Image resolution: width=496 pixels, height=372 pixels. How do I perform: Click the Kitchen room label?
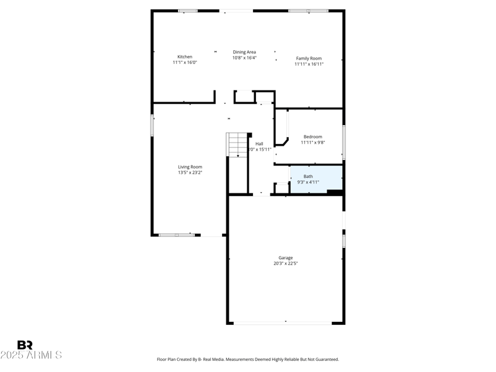click(185, 56)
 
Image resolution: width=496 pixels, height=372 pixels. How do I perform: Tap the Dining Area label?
click(244, 52)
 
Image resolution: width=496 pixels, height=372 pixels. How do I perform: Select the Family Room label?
click(309, 58)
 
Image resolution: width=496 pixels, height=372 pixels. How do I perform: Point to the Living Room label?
click(190, 167)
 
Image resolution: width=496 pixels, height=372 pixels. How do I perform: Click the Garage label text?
click(285, 258)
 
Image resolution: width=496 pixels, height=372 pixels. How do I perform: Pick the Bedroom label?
click(312, 136)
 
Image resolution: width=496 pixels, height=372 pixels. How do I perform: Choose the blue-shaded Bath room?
click(316, 179)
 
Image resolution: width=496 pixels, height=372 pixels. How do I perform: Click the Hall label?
click(259, 144)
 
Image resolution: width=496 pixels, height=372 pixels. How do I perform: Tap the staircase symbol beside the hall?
click(237, 145)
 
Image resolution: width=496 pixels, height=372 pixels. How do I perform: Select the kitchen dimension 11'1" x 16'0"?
click(185, 63)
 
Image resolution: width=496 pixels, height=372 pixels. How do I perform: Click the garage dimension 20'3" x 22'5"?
click(286, 263)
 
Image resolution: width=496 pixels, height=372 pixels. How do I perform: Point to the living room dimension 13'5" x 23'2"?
click(190, 172)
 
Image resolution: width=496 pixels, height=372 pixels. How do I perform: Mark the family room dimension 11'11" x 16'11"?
click(309, 64)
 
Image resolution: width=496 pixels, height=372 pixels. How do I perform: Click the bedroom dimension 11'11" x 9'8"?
click(312, 142)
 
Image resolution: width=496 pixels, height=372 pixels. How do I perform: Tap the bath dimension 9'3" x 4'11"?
click(308, 182)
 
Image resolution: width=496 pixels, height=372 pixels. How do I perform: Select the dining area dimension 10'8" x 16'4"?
click(244, 58)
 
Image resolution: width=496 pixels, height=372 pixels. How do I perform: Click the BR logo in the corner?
click(25, 345)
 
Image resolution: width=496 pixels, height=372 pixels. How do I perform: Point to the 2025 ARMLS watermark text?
click(31, 355)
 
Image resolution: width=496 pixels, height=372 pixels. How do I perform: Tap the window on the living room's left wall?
click(152, 125)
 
